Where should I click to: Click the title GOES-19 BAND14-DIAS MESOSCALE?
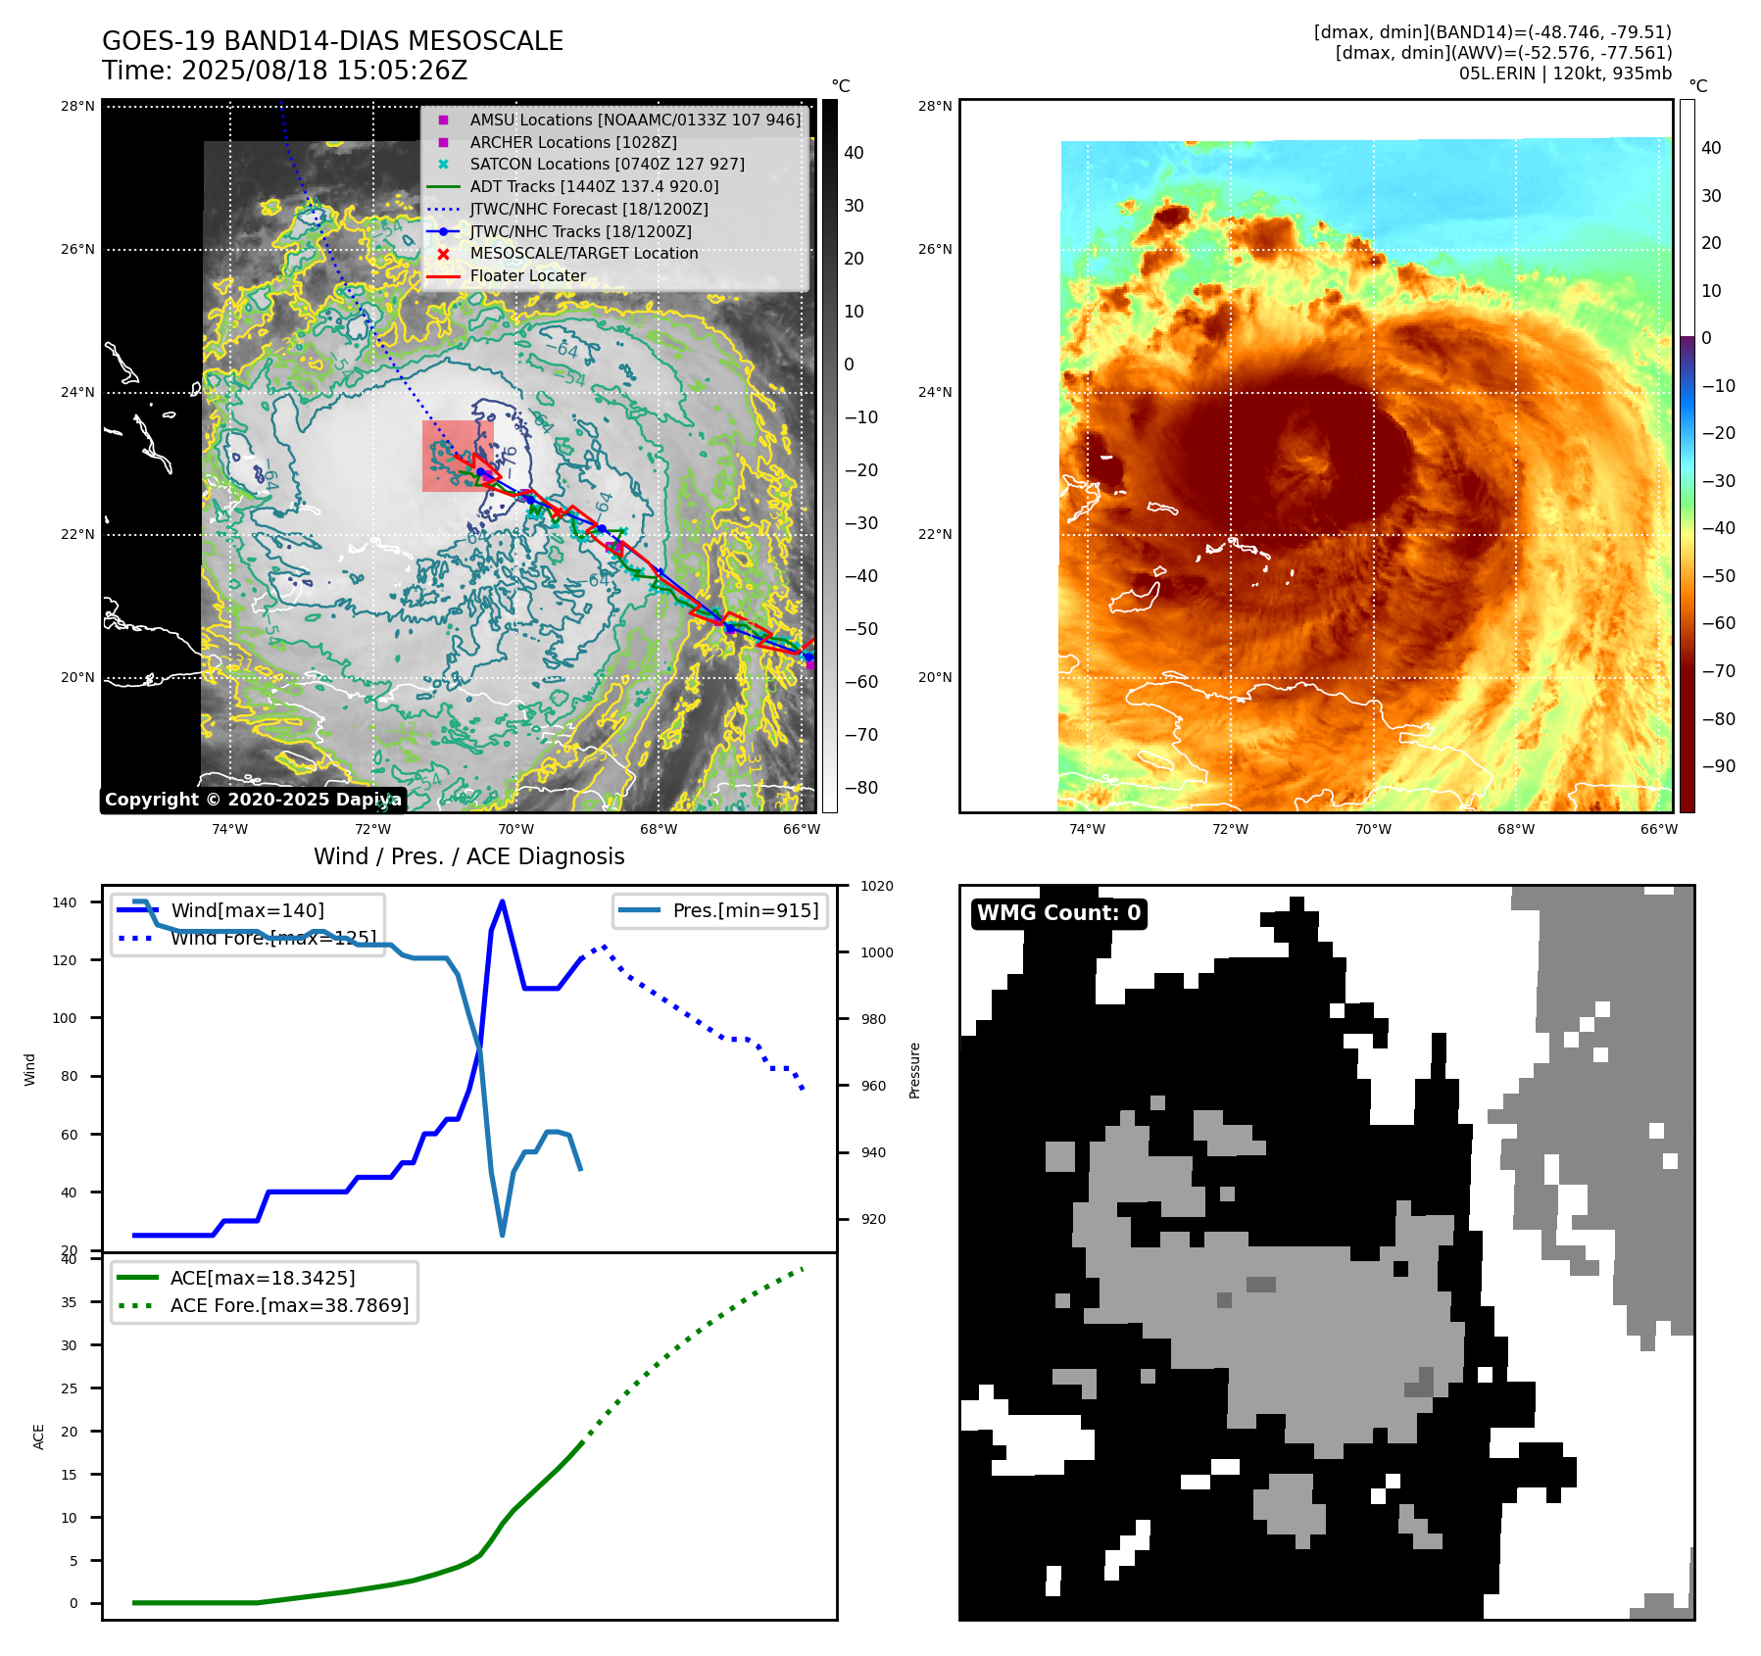click(x=332, y=41)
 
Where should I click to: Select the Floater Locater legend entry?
click(x=527, y=276)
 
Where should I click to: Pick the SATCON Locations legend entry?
click(x=607, y=165)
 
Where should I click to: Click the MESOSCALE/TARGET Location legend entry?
click(x=583, y=254)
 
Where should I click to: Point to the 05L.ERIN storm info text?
click(x=1564, y=73)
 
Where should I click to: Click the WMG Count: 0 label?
click(x=1058, y=913)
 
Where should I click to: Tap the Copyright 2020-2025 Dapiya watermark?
click(x=253, y=800)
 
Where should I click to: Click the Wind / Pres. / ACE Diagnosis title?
click(x=468, y=856)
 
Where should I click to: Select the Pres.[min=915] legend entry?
click(x=745, y=910)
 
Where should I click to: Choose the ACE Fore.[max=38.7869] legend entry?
click(x=289, y=1305)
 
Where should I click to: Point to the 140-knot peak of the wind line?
click(x=502, y=901)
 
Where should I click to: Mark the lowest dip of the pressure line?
click(x=503, y=1235)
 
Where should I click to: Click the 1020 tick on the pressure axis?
click(x=876, y=886)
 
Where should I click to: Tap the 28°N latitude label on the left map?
click(x=77, y=106)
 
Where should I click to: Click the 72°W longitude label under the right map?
click(x=1230, y=829)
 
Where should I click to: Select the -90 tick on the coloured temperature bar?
click(x=1718, y=766)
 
